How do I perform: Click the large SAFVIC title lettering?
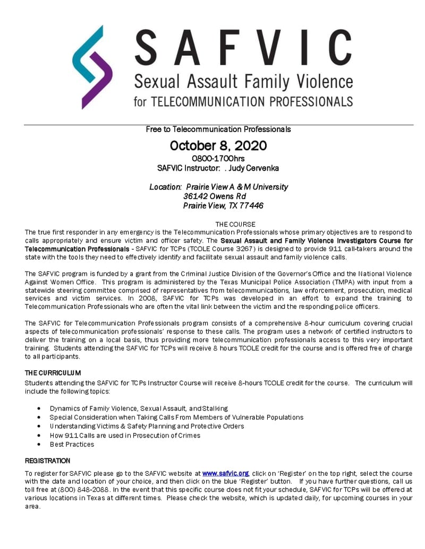point(242,47)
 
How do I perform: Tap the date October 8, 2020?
point(218,145)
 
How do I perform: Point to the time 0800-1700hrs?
point(218,158)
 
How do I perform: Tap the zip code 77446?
point(253,206)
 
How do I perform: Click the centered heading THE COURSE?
point(235,224)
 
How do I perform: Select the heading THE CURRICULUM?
point(53,373)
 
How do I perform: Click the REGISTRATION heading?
point(47,460)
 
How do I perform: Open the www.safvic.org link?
point(226,473)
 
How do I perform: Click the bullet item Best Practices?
point(72,444)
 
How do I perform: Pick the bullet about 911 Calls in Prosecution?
point(125,435)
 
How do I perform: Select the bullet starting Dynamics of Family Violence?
point(139,408)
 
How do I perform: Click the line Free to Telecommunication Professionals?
point(218,129)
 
